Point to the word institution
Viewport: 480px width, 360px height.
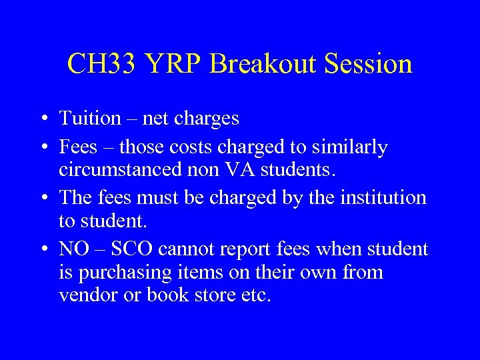pos(386,197)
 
